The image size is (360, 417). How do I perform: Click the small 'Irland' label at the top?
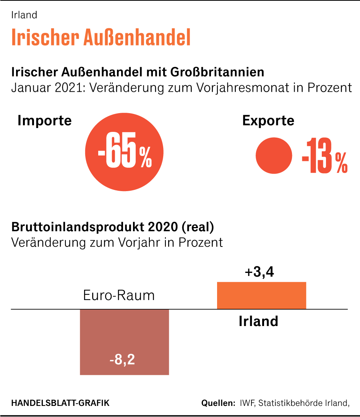[x=24, y=15]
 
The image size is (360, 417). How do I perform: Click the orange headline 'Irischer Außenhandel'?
[x=101, y=37]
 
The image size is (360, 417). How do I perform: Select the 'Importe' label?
[x=45, y=121]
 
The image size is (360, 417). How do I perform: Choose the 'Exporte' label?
[x=268, y=121]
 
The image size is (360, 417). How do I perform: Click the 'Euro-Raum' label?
[x=119, y=295]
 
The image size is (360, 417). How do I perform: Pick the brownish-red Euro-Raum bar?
[x=124, y=336]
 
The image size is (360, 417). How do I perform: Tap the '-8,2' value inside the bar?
[x=122, y=360]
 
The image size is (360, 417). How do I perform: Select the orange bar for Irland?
[x=261, y=295]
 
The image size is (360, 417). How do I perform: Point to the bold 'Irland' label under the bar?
[x=258, y=321]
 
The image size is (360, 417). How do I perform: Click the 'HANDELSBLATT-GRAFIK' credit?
[x=60, y=403]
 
